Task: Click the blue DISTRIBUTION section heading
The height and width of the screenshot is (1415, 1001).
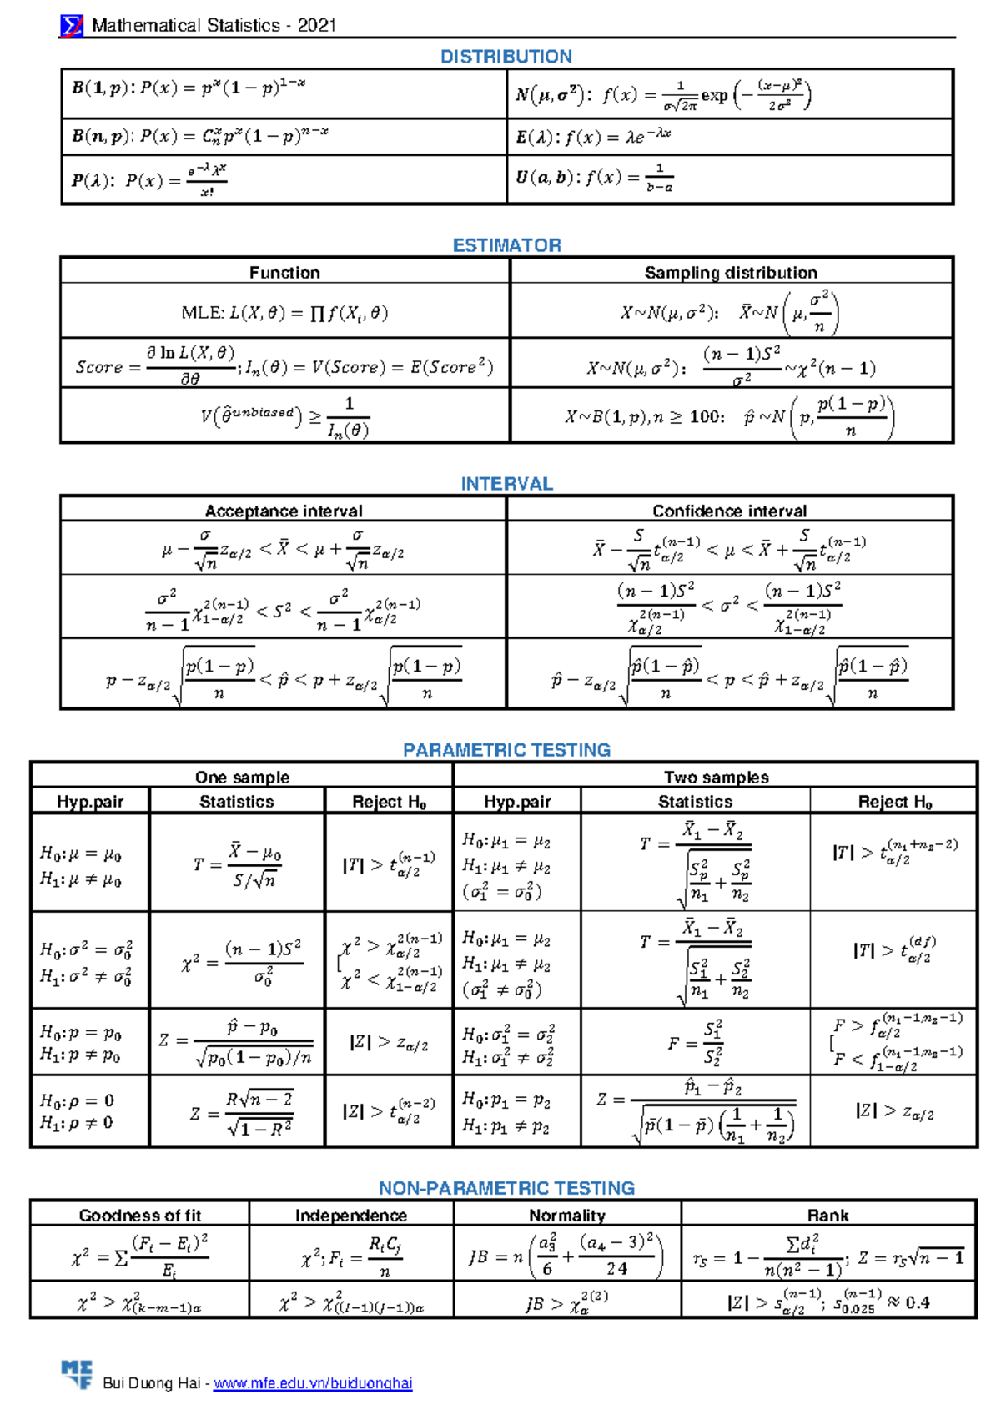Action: (506, 57)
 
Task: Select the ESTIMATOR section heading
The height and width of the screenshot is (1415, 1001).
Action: (506, 245)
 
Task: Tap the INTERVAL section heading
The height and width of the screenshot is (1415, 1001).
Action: (506, 484)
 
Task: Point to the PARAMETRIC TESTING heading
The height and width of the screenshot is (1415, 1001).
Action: (506, 750)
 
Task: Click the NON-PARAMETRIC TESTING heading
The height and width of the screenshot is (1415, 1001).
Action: (506, 1188)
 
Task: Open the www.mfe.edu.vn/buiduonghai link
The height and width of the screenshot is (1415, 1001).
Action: (313, 1383)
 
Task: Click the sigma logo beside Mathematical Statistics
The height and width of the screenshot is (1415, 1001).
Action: (72, 26)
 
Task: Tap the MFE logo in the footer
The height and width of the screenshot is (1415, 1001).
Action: (77, 1374)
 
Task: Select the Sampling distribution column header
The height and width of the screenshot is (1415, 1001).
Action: (731, 272)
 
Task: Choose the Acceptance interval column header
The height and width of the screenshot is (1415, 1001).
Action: (284, 511)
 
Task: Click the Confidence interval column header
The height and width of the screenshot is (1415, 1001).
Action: (729, 511)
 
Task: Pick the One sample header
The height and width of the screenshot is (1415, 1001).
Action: (242, 777)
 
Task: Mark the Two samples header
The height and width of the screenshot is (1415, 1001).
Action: (716, 777)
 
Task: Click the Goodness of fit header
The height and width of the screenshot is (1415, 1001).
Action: (140, 1216)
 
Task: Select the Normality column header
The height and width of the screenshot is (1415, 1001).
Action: (567, 1216)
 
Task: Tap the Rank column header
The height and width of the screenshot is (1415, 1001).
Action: (827, 1216)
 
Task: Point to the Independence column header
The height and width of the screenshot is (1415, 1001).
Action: (350, 1216)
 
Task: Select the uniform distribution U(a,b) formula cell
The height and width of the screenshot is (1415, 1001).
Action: (730, 179)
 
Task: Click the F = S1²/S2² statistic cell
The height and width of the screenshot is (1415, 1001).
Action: (695, 1043)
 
